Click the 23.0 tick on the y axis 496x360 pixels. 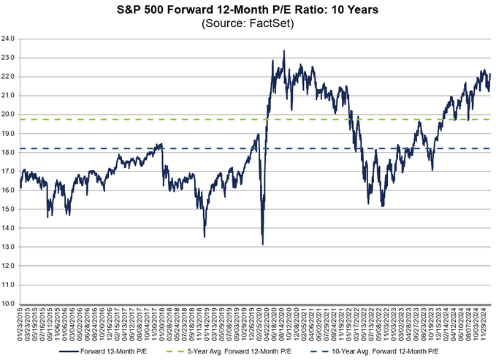(9, 57)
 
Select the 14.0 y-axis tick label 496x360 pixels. (9, 228)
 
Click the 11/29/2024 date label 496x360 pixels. (484, 324)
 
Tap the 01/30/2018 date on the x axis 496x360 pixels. (162, 324)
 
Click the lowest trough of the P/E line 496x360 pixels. (262, 244)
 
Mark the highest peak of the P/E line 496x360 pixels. (283, 50)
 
